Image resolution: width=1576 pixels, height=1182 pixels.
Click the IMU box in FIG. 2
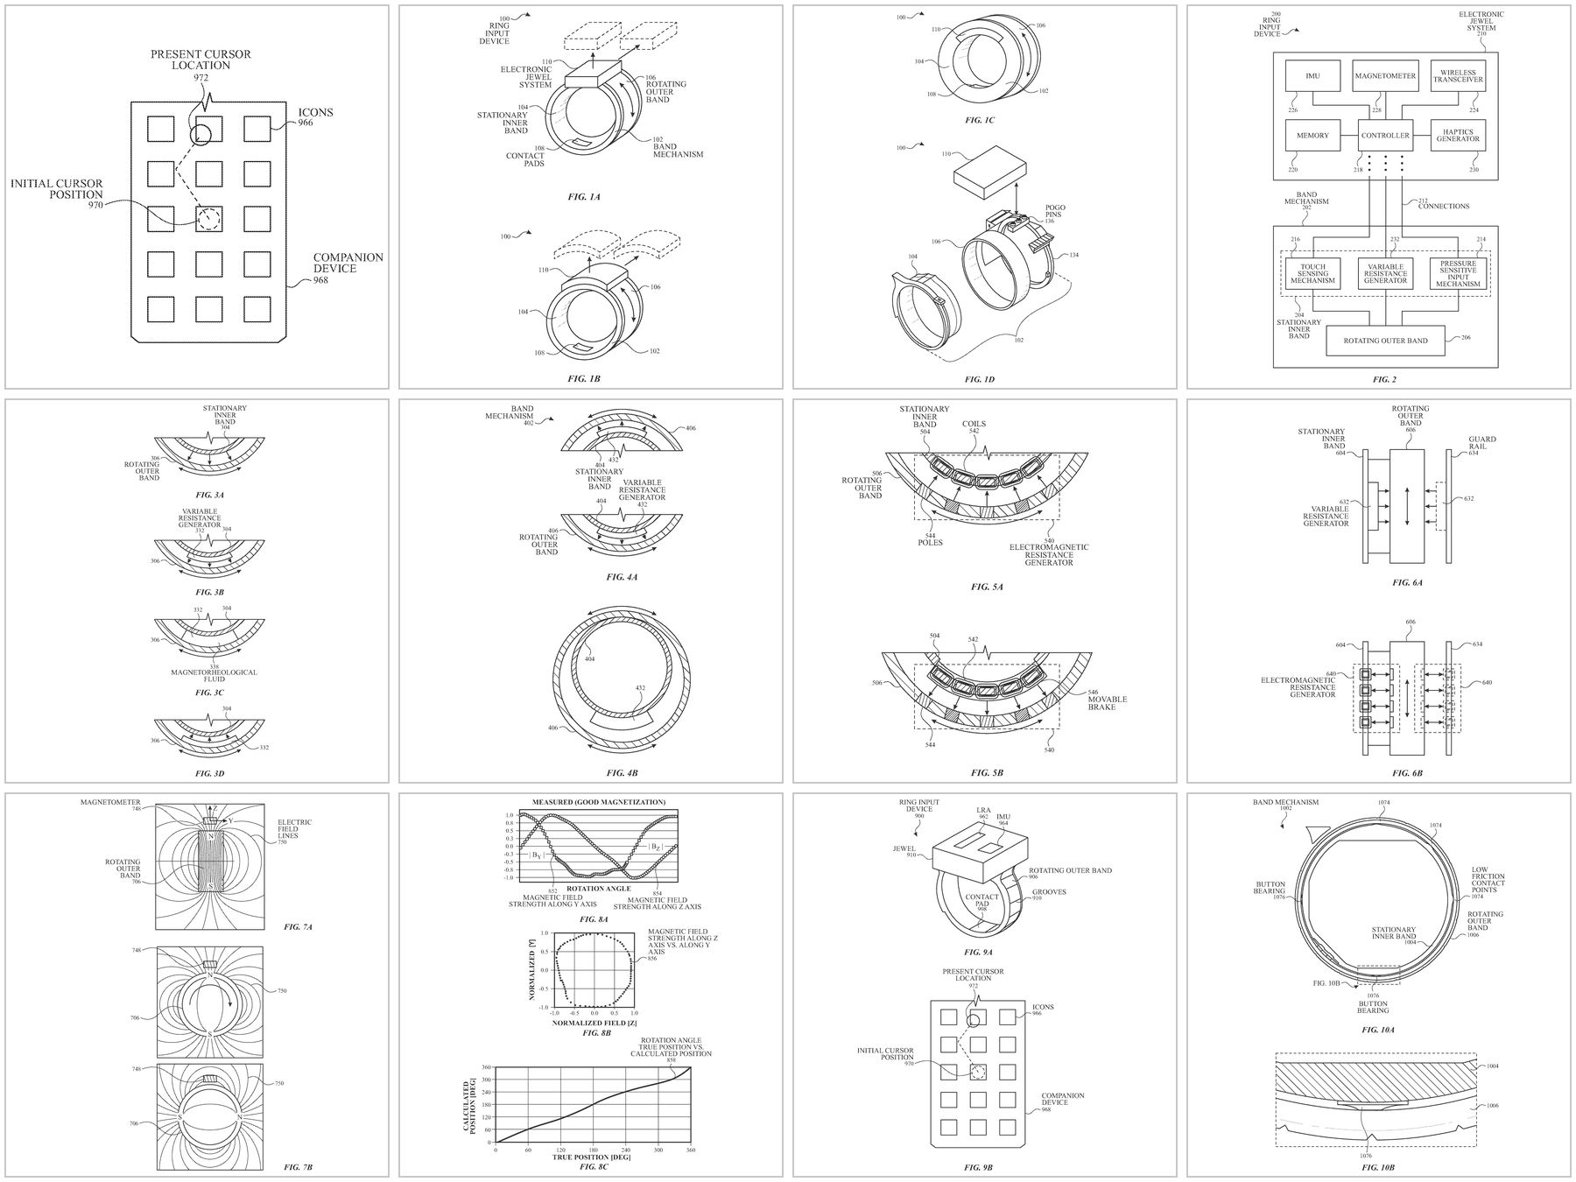tap(1312, 76)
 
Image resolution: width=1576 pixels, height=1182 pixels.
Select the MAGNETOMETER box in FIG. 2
tap(1385, 76)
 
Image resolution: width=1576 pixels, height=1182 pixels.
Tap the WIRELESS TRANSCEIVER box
tap(1458, 76)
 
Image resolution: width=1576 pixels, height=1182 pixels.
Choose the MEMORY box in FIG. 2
tap(1312, 136)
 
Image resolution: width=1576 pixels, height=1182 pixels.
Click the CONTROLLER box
tap(1385, 136)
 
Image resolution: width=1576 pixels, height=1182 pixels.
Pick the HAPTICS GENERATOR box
tap(1458, 136)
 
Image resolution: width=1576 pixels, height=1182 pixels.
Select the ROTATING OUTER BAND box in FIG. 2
tap(1385, 341)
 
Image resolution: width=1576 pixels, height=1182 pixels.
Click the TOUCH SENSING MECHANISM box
tap(1312, 274)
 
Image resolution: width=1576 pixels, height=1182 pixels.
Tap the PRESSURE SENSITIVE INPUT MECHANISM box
tap(1458, 274)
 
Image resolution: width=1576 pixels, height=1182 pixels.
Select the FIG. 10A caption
tap(1378, 1030)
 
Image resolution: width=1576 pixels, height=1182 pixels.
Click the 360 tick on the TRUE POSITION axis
tap(691, 1150)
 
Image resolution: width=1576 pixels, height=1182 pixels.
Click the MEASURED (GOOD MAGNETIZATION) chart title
tap(598, 802)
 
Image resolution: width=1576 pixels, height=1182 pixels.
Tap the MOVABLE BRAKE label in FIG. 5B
tap(1108, 702)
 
